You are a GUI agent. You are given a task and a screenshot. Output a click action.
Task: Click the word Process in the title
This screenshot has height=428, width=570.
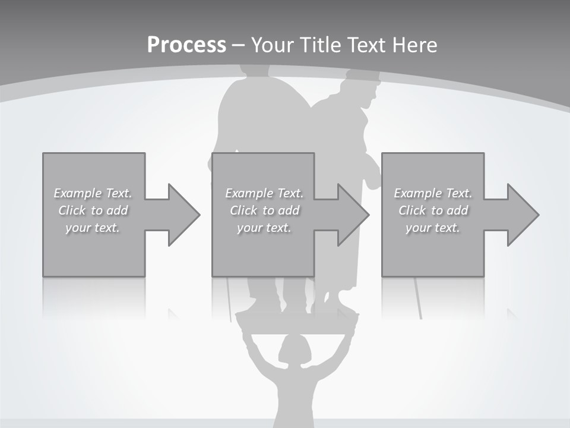(186, 45)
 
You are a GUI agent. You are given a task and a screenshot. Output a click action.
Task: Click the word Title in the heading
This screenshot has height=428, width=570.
(320, 45)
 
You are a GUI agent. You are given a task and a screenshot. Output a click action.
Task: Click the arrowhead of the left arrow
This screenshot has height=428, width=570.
(185, 215)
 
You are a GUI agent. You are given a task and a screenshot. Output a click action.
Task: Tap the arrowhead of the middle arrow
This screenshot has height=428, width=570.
(354, 215)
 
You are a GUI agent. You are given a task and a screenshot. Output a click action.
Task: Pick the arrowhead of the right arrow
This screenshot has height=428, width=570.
(523, 215)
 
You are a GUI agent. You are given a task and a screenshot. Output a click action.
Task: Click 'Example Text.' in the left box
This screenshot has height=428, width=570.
(93, 193)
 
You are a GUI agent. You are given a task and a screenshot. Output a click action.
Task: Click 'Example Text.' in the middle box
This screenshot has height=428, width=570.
(264, 193)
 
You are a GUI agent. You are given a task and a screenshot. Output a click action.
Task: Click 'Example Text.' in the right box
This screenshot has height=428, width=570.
(433, 193)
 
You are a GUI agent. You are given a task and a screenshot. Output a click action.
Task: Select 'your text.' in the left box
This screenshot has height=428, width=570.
(93, 228)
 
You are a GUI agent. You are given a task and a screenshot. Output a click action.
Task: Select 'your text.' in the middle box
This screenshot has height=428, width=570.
(264, 228)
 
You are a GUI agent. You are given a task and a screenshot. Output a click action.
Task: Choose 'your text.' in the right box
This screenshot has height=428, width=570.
(433, 228)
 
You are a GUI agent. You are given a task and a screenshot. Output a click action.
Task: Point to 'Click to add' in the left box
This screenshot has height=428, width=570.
(93, 210)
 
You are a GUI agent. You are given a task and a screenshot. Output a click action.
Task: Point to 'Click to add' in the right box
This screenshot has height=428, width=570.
(433, 210)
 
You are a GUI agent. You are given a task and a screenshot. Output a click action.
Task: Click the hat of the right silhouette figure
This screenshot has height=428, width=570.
(363, 76)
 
